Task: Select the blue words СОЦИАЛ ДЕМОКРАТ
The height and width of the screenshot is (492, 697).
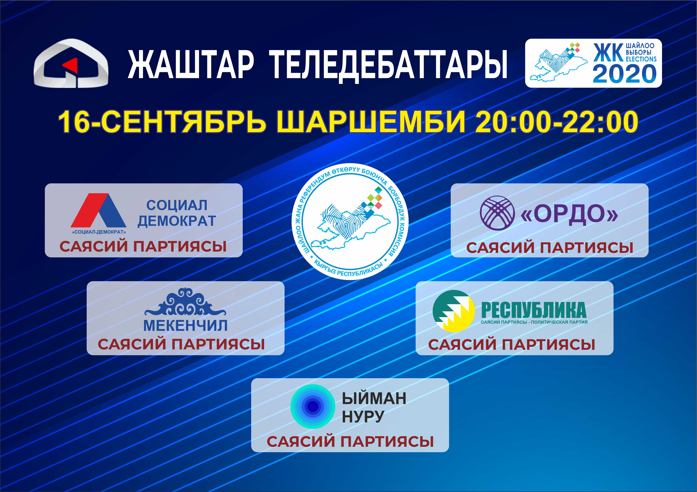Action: (x=177, y=213)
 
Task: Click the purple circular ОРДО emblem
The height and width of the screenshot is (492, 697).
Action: (x=497, y=213)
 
